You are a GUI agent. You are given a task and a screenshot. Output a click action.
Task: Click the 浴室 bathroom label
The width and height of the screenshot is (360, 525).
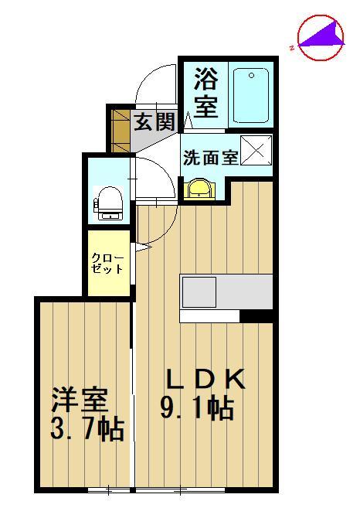click(205, 93)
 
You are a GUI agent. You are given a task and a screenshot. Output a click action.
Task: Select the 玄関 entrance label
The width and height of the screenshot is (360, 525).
click(154, 123)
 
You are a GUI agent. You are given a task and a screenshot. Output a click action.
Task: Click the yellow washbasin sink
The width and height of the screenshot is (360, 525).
click(200, 188)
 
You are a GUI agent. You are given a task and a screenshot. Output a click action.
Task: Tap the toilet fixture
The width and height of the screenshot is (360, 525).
click(107, 203)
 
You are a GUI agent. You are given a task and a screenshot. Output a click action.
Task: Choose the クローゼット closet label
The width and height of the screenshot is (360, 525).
click(107, 263)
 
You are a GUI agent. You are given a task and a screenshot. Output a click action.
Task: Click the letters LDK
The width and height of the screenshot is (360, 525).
click(207, 380)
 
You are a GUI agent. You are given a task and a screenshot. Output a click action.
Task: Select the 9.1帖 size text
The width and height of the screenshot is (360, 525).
click(197, 407)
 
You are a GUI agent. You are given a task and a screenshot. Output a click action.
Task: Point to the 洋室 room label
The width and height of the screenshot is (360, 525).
click(80, 401)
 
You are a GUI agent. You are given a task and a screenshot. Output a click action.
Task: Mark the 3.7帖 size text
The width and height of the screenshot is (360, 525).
click(87, 428)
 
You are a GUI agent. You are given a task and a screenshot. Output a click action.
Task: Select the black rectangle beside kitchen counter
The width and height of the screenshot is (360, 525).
click(256, 315)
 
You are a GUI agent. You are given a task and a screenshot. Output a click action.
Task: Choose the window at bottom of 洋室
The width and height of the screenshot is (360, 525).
click(108, 489)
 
